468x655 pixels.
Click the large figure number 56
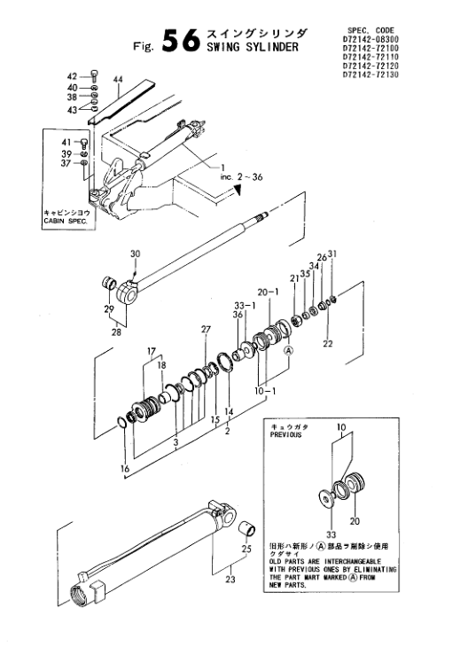pos(181,41)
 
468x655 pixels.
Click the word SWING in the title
pos(223,47)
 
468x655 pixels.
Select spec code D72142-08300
pos(370,39)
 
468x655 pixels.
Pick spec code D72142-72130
pos(370,74)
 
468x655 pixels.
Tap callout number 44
pos(118,79)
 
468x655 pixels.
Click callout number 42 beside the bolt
pos(73,76)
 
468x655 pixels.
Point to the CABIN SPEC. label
pos(66,221)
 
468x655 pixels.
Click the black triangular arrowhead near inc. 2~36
pos(238,191)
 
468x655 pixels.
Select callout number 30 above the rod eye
pos(135,253)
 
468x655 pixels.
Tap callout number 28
pos(116,332)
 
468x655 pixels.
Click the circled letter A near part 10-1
pos(288,351)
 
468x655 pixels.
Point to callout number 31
pos(332,253)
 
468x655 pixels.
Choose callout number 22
pos(328,343)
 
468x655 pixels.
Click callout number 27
pos(206,330)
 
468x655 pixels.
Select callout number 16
pos(125,469)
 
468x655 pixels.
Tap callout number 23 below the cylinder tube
pos(230,580)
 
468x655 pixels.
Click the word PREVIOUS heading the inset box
pos(285,435)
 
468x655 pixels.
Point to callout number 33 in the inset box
pos(331,534)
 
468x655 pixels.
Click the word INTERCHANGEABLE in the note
pos(353,561)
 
